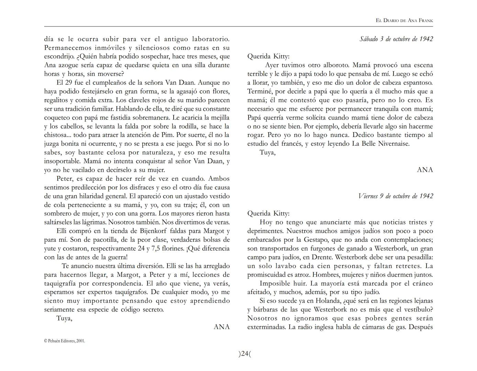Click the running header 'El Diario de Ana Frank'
pos(404,21)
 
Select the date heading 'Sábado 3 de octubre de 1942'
pos(396,39)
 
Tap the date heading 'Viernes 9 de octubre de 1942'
pos(395,196)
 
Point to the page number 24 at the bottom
pos(244,354)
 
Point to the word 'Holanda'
pos(328,301)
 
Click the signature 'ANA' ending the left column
pos(221,327)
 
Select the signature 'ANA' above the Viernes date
pos(425,170)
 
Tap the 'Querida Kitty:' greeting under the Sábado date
pos(268,56)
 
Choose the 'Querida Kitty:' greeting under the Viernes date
pos(268,214)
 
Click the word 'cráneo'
pos(422,283)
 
